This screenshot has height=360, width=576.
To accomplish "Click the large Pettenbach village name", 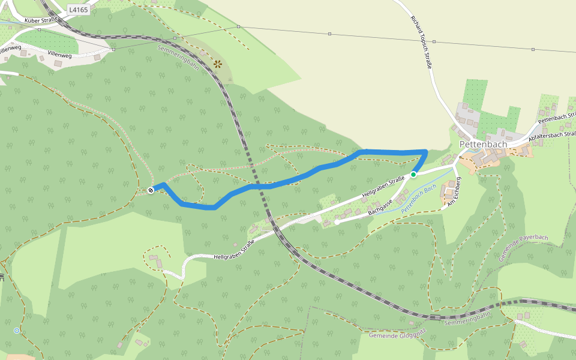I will click(483, 145).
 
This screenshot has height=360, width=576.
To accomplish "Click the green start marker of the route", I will click(413, 175).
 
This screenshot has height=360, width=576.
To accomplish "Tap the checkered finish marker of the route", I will click(150, 190).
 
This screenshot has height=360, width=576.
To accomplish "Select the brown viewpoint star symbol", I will click(217, 63).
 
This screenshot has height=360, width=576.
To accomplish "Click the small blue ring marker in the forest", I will click(16, 331).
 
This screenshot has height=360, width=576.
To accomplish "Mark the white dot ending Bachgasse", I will click(337, 222).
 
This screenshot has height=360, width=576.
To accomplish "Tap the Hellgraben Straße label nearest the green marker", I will click(382, 188).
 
